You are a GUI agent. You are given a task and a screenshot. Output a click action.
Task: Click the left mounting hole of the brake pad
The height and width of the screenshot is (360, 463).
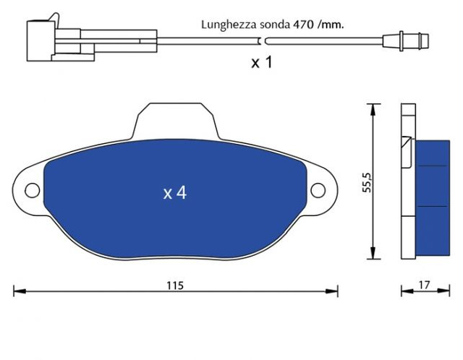32,190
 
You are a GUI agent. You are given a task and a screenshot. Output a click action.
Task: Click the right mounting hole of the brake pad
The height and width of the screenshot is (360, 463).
318,190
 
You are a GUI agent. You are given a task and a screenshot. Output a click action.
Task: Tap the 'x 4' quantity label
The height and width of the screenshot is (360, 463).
175,193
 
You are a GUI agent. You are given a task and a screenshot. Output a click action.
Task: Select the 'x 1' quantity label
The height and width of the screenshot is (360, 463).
262,62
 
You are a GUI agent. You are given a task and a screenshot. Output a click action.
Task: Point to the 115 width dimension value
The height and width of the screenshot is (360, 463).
175,286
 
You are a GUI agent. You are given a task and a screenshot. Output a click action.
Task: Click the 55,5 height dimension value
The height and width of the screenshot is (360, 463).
367,183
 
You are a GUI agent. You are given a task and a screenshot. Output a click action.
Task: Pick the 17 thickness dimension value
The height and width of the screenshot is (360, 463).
424,285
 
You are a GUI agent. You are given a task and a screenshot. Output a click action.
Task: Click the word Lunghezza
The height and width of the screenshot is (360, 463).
229,25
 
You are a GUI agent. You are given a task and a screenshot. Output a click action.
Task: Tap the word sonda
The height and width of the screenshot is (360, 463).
275,25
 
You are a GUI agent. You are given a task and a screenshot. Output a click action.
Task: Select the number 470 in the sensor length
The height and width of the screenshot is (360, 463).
303,25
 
